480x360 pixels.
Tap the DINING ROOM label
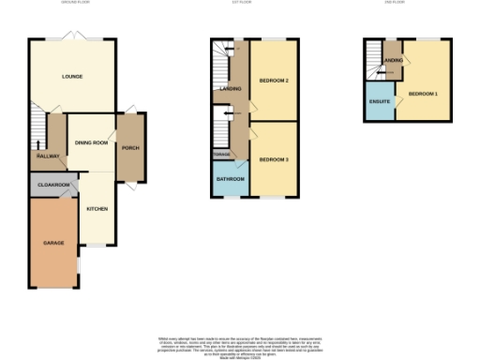(91, 142)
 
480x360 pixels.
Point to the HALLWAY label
(48, 156)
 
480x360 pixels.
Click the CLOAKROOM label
(54, 186)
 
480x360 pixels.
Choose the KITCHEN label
(97, 208)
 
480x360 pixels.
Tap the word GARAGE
(53, 243)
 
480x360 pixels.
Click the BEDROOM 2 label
(273, 81)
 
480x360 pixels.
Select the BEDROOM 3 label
(273, 159)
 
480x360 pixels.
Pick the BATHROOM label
(231, 179)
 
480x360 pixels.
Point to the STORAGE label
(221, 154)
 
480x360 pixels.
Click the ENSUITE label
(380, 98)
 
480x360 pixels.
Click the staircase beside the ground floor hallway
(37, 127)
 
